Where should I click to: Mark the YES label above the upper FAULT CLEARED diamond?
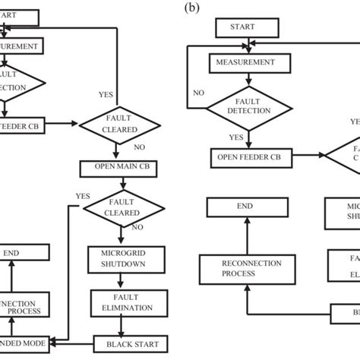106,95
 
